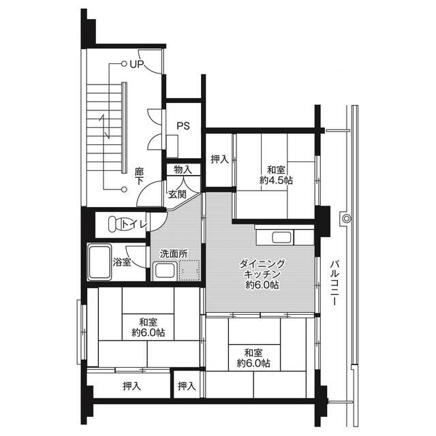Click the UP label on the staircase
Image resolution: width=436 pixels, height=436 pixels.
coord(137,64)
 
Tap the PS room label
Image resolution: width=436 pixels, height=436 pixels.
coord(183,126)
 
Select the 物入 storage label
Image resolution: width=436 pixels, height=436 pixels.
coord(183,170)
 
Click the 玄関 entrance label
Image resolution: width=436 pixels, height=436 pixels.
coord(177,194)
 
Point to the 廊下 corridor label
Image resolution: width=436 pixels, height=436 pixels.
coord(139,176)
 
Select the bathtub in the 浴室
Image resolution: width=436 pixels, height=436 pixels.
coord(99,262)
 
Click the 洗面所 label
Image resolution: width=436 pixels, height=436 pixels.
coord(174,253)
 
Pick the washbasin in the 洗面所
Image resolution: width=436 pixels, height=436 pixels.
coord(165,270)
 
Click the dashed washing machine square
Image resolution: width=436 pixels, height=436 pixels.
coord(189,270)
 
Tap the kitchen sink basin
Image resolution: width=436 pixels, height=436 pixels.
coord(281,238)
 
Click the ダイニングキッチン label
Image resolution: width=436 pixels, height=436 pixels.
coord(262,274)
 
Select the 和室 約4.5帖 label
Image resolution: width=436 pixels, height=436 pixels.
coord(276,175)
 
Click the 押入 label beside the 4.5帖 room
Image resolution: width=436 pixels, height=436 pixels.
coord(219,159)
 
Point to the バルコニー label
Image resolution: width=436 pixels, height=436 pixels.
coord(334,283)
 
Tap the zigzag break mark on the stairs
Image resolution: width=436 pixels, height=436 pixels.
coord(104,127)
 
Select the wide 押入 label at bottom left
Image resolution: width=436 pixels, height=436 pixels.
coord(131,386)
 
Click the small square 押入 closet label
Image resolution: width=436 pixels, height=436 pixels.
coord(187,386)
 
